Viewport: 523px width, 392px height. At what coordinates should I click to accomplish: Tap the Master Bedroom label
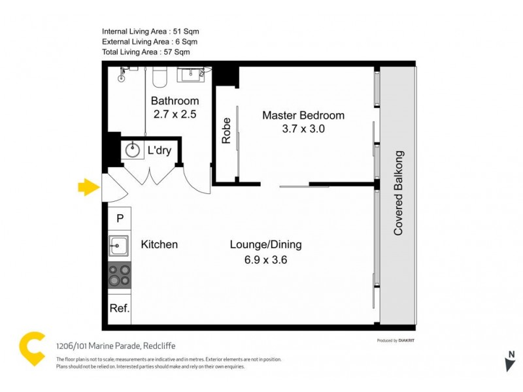pos(303,116)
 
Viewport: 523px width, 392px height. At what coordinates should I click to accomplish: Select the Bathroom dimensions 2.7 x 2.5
pos(175,114)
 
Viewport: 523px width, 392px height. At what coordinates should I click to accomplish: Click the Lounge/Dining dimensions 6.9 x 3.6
pos(265,259)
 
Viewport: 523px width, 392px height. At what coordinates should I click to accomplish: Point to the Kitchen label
pos(160,244)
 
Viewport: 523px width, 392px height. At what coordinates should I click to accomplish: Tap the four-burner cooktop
pos(120,275)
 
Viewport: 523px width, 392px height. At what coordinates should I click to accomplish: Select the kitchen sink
pos(119,246)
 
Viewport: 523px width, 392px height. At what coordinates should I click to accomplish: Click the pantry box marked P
pos(120,218)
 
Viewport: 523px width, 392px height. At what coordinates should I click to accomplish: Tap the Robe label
pos(226,130)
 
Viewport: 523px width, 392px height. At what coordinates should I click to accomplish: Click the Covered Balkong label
pos(397,193)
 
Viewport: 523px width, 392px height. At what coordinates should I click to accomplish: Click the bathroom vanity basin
pos(192,74)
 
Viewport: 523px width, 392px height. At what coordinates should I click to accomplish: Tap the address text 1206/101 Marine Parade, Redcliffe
pos(116,346)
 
